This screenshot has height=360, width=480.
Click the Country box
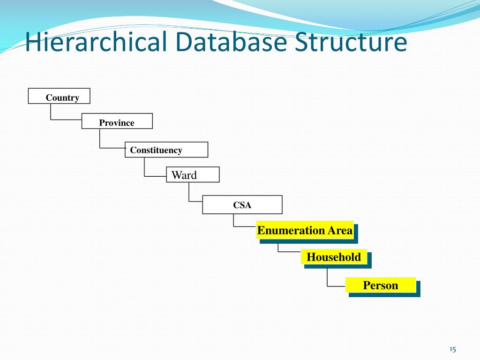pos(59,96)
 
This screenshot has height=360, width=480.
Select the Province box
pos(117,121)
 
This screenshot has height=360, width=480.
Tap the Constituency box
pos(166,150)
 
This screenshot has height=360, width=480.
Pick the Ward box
pos(193,174)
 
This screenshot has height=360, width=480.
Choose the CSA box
pos(242,205)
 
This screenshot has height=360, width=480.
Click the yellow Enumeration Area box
pos(305,230)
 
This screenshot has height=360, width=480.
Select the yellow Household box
pos(334,257)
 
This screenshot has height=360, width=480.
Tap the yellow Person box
pos(380,285)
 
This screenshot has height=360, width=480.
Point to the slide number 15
pos(452,349)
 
